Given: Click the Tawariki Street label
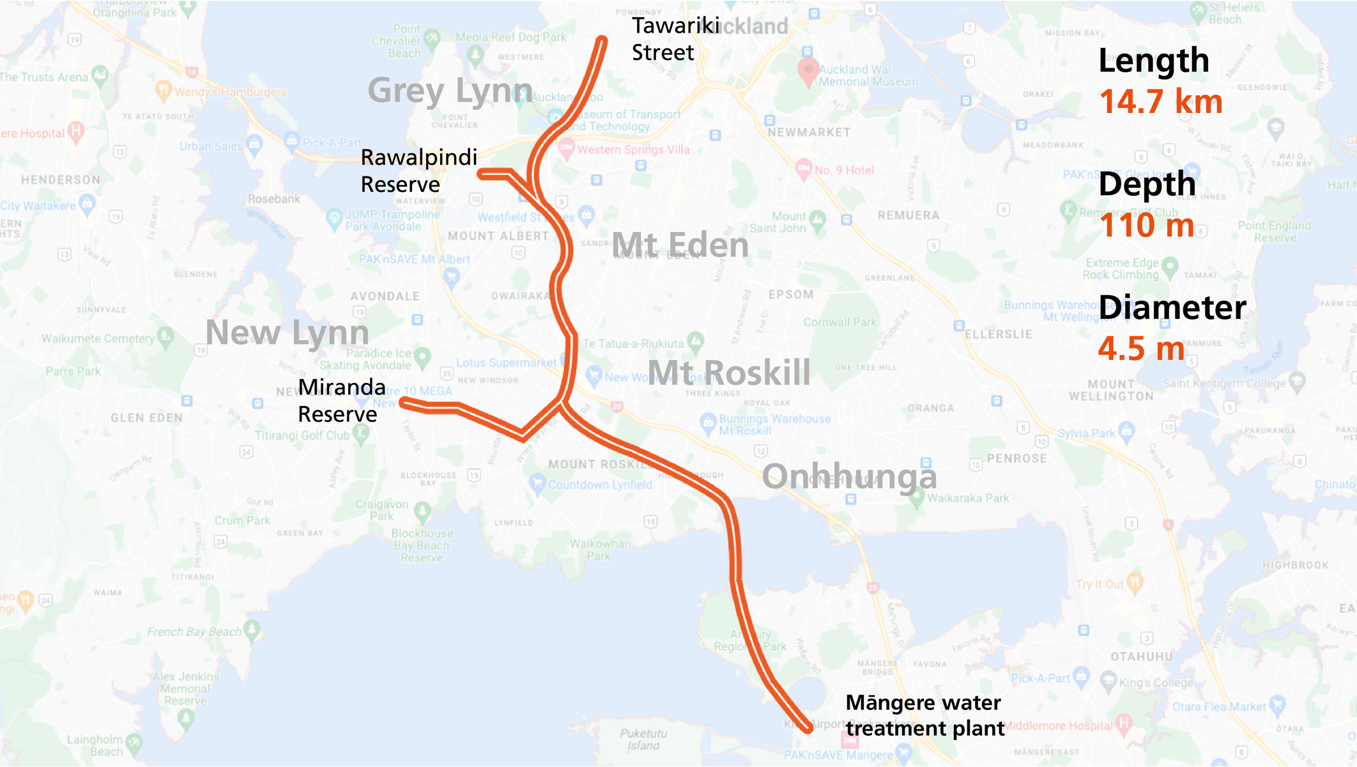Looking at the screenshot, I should pos(675,39).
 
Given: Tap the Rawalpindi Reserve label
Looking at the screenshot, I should pos(418,171).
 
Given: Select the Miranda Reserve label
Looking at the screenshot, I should pos(342,401).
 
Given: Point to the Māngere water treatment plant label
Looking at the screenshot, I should pos(924,715).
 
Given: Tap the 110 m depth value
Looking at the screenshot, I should pos(1146,226).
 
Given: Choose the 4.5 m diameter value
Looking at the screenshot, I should pos(1141,349).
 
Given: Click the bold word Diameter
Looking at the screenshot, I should pos(1172,307).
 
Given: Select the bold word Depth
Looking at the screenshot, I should pos(1147,184).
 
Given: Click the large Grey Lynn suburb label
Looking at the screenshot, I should pos(450,90).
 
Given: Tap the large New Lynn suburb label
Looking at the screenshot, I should pos(287,332).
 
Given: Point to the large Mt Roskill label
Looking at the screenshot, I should pos(729,373).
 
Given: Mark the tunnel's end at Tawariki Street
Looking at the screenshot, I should pos(601,42).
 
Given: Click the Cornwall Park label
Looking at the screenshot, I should pos(839,322).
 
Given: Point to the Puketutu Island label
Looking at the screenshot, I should pos(643,740).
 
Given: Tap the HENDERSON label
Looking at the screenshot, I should pos(61,180).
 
